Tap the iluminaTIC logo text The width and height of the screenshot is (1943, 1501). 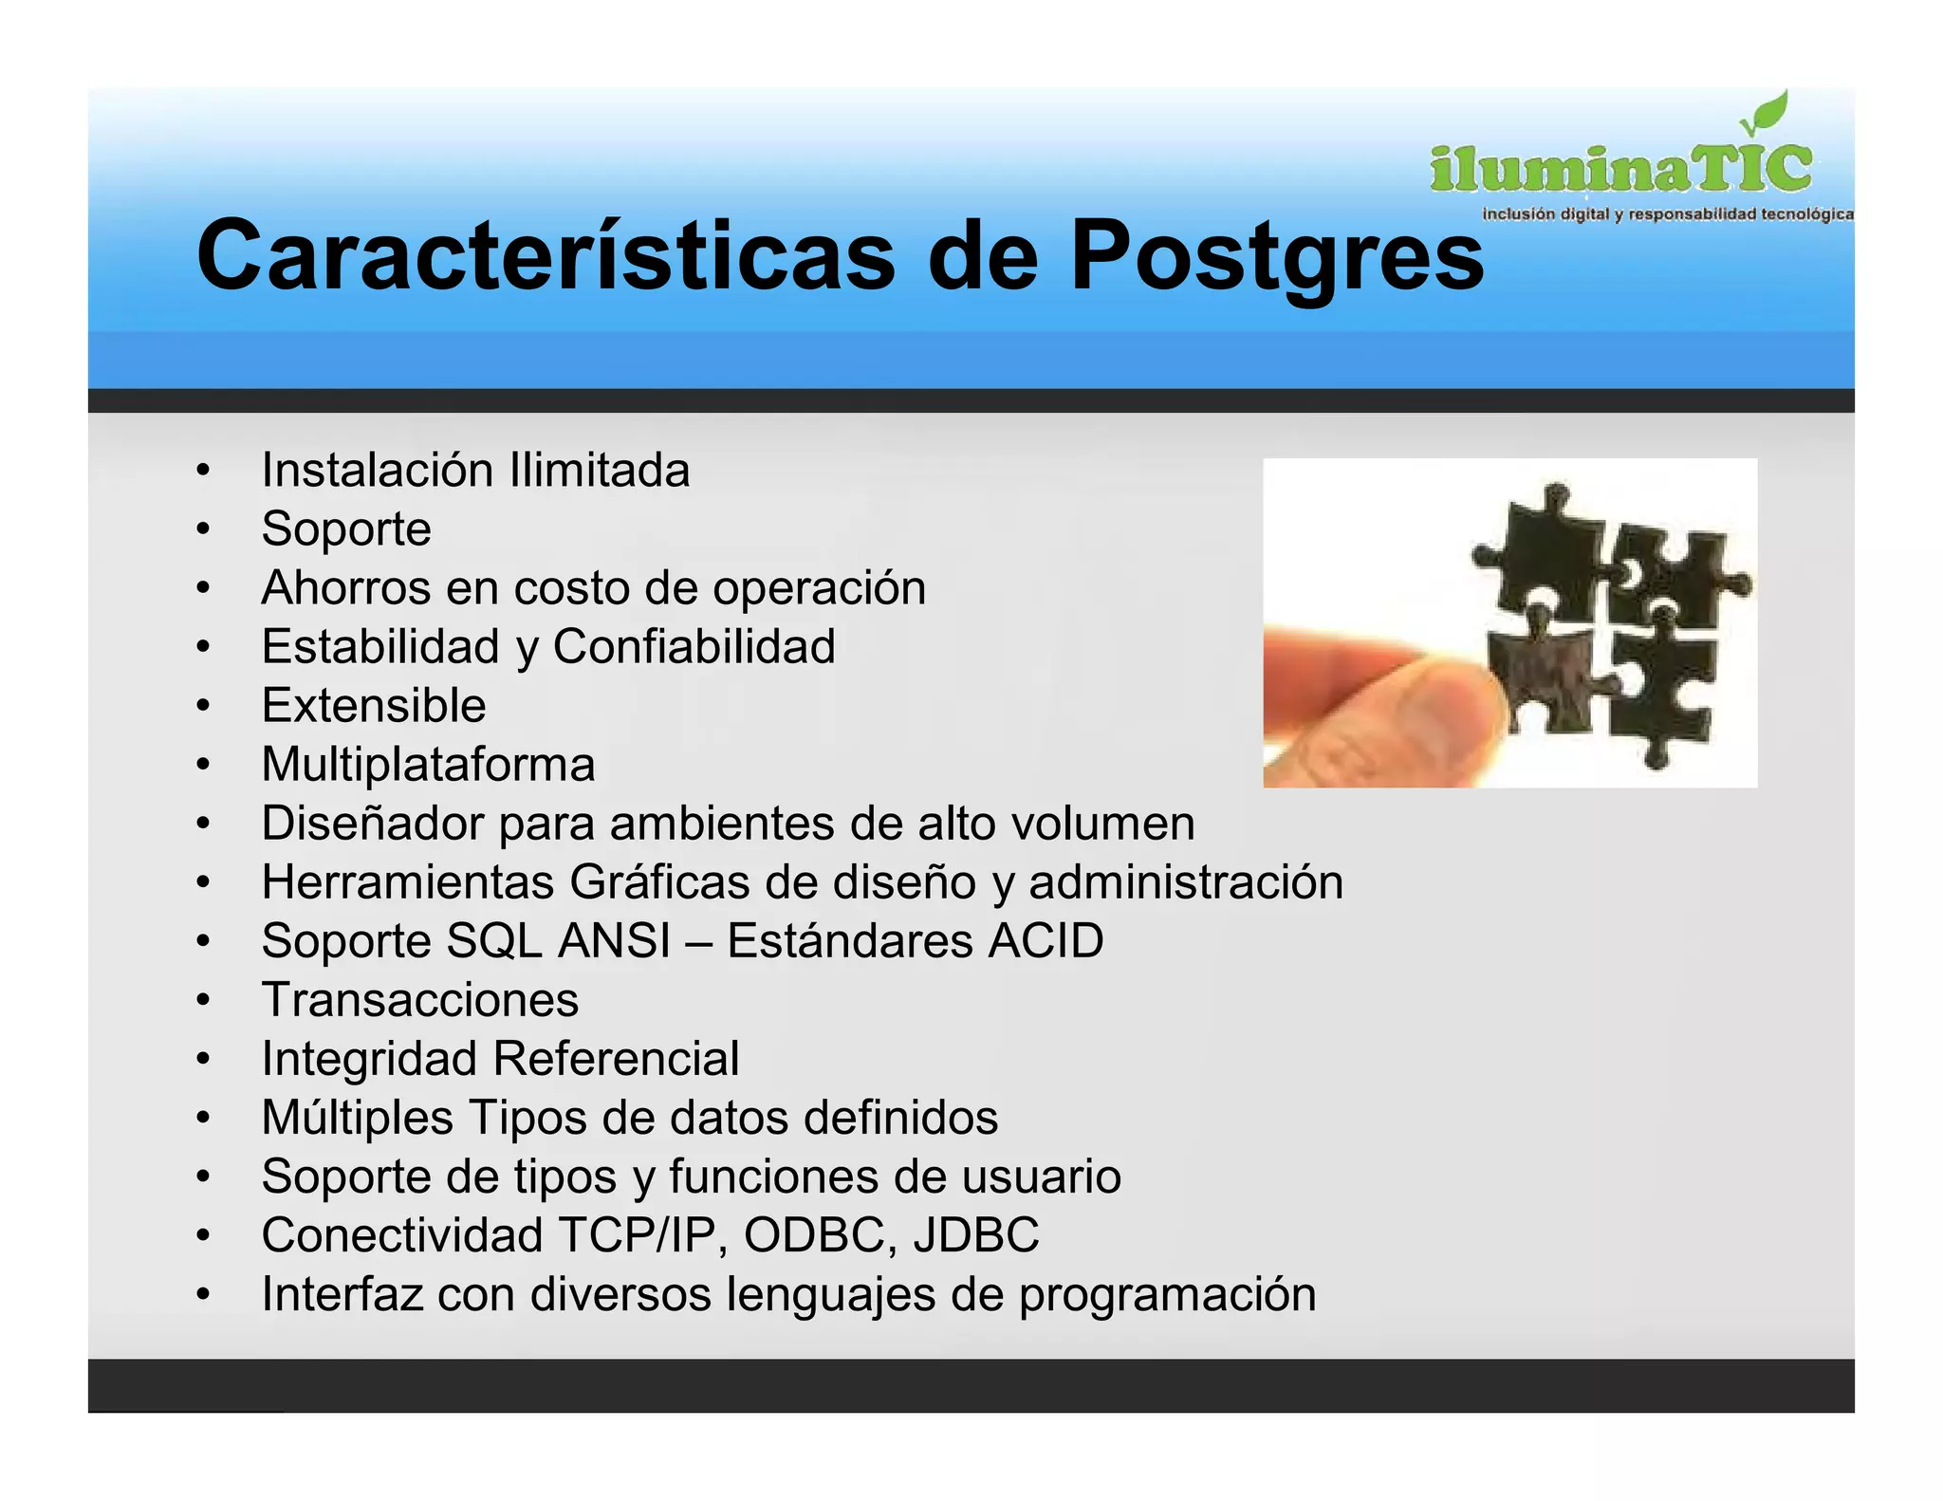(1620, 169)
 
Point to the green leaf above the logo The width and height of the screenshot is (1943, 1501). (1767, 115)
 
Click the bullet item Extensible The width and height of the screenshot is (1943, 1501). (374, 706)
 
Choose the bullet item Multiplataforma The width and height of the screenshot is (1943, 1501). (428, 765)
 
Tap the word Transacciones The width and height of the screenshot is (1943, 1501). (420, 1000)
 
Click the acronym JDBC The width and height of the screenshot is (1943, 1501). (976, 1235)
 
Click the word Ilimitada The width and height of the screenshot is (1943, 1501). (600, 471)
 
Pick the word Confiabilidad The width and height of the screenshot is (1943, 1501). (694, 647)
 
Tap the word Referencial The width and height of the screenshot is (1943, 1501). (616, 1059)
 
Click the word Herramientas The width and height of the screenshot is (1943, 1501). (408, 882)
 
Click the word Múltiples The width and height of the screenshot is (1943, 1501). (358, 1118)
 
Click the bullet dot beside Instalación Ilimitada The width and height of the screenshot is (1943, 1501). (202, 472)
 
